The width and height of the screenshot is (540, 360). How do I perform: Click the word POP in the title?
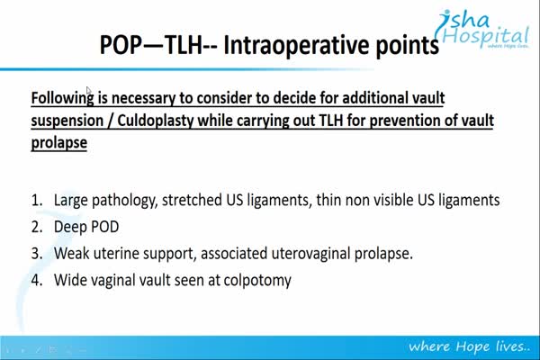click(121, 45)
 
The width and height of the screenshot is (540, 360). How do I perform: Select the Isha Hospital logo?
click(482, 30)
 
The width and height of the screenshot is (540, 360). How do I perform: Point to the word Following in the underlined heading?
click(62, 98)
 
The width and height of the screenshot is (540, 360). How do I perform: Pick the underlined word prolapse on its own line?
click(58, 143)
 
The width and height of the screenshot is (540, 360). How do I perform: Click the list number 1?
click(37, 201)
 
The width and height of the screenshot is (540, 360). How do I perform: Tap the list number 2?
click(37, 228)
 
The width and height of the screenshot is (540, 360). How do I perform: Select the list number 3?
click(37, 254)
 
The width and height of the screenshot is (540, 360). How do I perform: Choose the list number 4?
click(37, 281)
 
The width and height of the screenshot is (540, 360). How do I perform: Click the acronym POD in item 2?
click(104, 227)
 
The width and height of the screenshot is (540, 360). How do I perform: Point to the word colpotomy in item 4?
click(257, 281)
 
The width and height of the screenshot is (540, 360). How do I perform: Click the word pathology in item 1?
click(125, 201)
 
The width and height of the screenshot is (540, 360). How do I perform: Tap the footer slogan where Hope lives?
click(469, 346)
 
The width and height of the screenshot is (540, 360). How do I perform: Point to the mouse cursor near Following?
click(88, 90)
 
